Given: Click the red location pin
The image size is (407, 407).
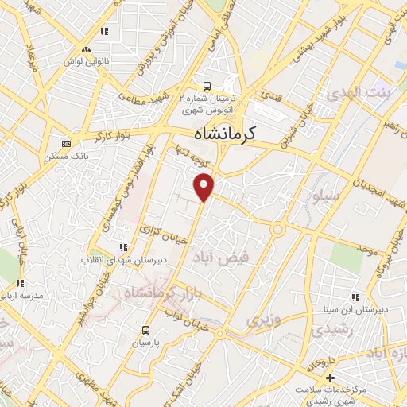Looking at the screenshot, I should click(x=204, y=185).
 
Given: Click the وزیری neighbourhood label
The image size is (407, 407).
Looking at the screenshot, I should click(x=258, y=320).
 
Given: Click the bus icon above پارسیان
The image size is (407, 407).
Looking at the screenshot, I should click(x=145, y=329).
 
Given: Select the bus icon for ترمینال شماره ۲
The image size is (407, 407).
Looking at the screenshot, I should click(x=207, y=86).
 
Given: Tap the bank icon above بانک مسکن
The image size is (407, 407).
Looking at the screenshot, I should click(x=66, y=144).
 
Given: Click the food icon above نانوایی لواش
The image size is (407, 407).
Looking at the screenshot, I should click(x=103, y=32).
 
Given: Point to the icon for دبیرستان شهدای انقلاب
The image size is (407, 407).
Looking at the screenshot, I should click(x=122, y=247).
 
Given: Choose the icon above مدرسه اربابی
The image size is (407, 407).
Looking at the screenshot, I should click(x=19, y=282).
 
